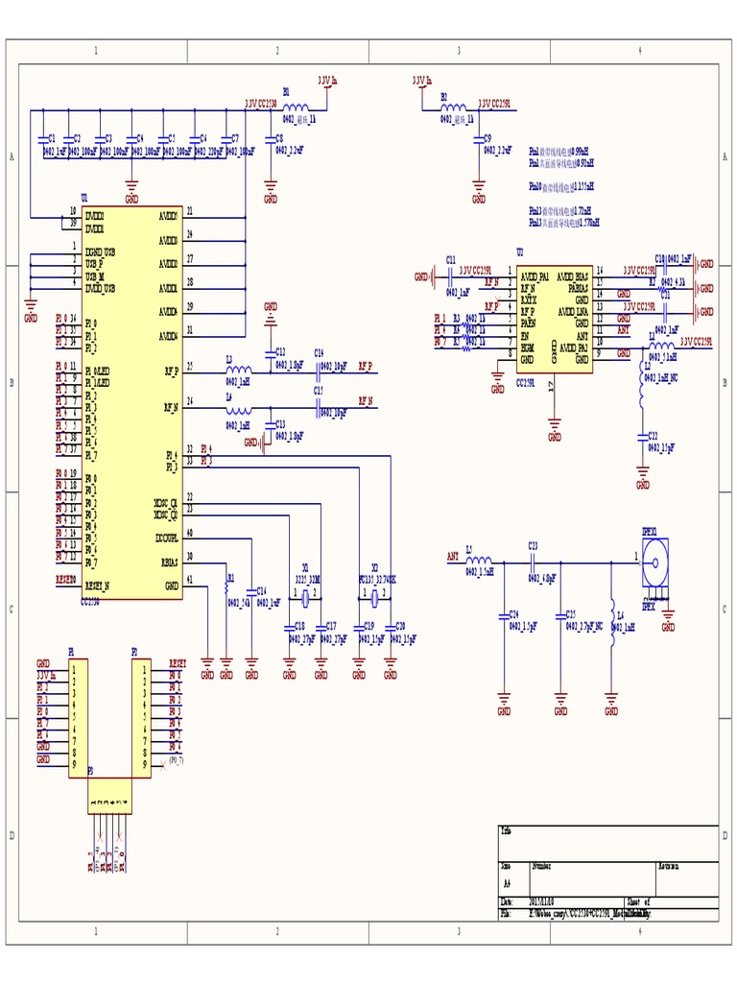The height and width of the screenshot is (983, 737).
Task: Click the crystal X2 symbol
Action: (x=374, y=598)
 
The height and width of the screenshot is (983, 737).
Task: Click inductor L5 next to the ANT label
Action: (x=478, y=561)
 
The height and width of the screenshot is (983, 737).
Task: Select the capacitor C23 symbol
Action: (x=534, y=561)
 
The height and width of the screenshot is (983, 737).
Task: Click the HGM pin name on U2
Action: (x=528, y=347)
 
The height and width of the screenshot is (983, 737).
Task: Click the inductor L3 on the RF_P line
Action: (x=238, y=369)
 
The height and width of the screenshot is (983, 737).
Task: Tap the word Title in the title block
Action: (x=508, y=831)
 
